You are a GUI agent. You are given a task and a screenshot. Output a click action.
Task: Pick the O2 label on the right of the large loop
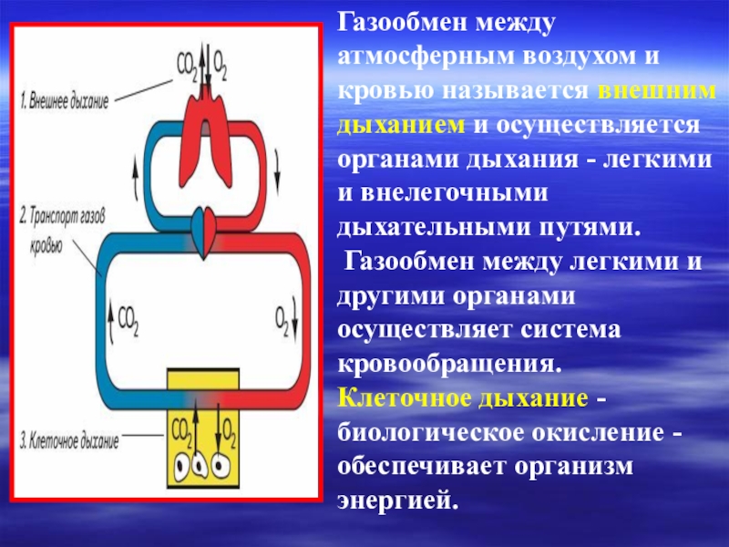point(284,318)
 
